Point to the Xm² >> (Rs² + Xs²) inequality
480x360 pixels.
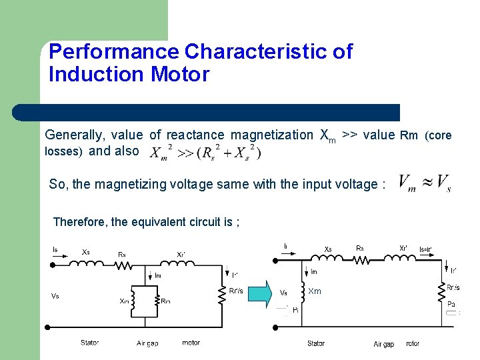pyautogui.click(x=205, y=152)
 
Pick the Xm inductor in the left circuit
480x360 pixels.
pyautogui.click(x=134, y=301)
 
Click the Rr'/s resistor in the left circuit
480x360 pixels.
pyautogui.click(x=222, y=294)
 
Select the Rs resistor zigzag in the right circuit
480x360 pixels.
pyautogui.click(x=361, y=258)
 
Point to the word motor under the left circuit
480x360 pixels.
pyautogui.click(x=191, y=343)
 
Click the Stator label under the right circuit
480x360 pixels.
pyautogui.click(x=316, y=343)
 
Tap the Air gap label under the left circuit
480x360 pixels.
pyautogui.click(x=147, y=343)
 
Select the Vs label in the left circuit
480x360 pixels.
pyautogui.click(x=55, y=295)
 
